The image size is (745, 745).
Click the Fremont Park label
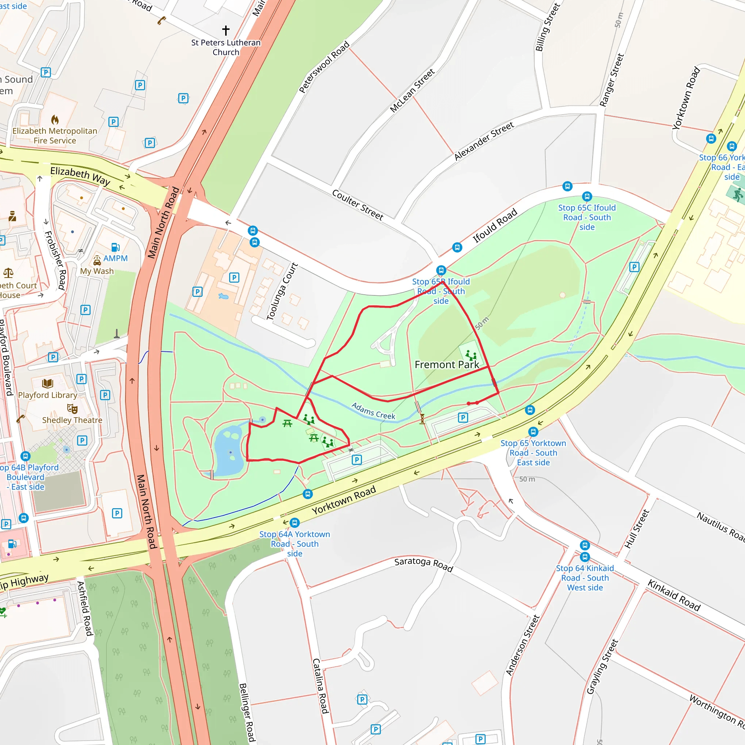click(447, 364)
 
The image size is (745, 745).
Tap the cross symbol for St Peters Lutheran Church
click(226, 30)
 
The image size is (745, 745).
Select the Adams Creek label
click(373, 411)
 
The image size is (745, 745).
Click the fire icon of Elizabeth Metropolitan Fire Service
click(55, 120)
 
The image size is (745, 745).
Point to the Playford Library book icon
click(48, 383)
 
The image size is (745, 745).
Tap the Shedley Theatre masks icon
click(72, 409)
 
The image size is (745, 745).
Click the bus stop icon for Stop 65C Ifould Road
click(586, 196)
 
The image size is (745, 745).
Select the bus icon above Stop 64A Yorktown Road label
click(295, 523)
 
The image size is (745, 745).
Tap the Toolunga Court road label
click(283, 291)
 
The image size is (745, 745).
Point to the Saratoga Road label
click(423, 564)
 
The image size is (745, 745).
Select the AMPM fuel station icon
click(115, 247)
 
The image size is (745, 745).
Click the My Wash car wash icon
click(97, 261)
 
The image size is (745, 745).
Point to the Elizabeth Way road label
click(80, 176)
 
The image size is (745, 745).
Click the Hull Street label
click(637, 529)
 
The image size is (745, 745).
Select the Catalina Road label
click(320, 686)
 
